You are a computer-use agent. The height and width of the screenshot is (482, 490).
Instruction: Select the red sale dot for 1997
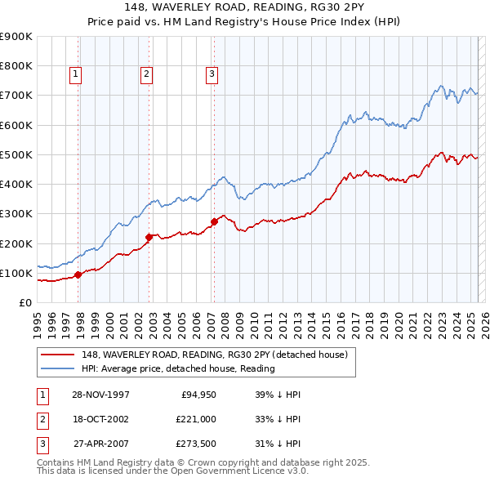pyautogui.click(x=78, y=274)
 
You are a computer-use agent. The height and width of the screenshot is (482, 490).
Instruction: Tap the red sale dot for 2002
pyautogui.click(x=149, y=238)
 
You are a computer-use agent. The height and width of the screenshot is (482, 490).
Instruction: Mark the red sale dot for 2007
pyautogui.click(x=214, y=221)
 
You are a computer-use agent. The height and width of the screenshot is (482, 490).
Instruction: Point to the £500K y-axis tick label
pyautogui.click(x=16, y=154)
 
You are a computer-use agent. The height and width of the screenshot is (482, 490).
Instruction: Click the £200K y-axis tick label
pyautogui.click(x=16, y=243)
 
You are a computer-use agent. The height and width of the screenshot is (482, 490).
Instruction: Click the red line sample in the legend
pyautogui.click(x=57, y=355)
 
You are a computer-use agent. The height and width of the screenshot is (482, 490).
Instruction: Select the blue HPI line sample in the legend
pyautogui.click(x=57, y=368)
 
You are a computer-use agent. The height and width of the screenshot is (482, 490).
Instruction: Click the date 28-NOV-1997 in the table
pyautogui.click(x=100, y=395)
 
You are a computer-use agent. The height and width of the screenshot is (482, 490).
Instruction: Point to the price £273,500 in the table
pyautogui.click(x=196, y=445)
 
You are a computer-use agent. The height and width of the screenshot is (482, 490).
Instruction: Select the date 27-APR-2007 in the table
pyautogui.click(x=100, y=445)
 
